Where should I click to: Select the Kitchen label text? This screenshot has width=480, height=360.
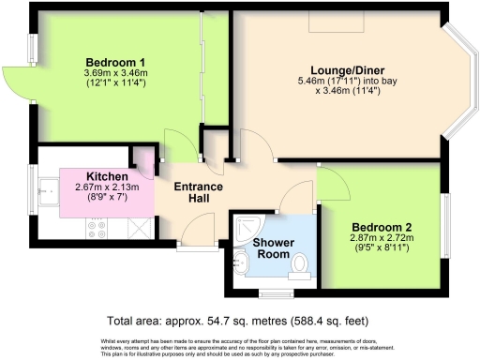click(106, 175)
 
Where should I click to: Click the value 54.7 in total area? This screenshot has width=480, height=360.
click(230, 319)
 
